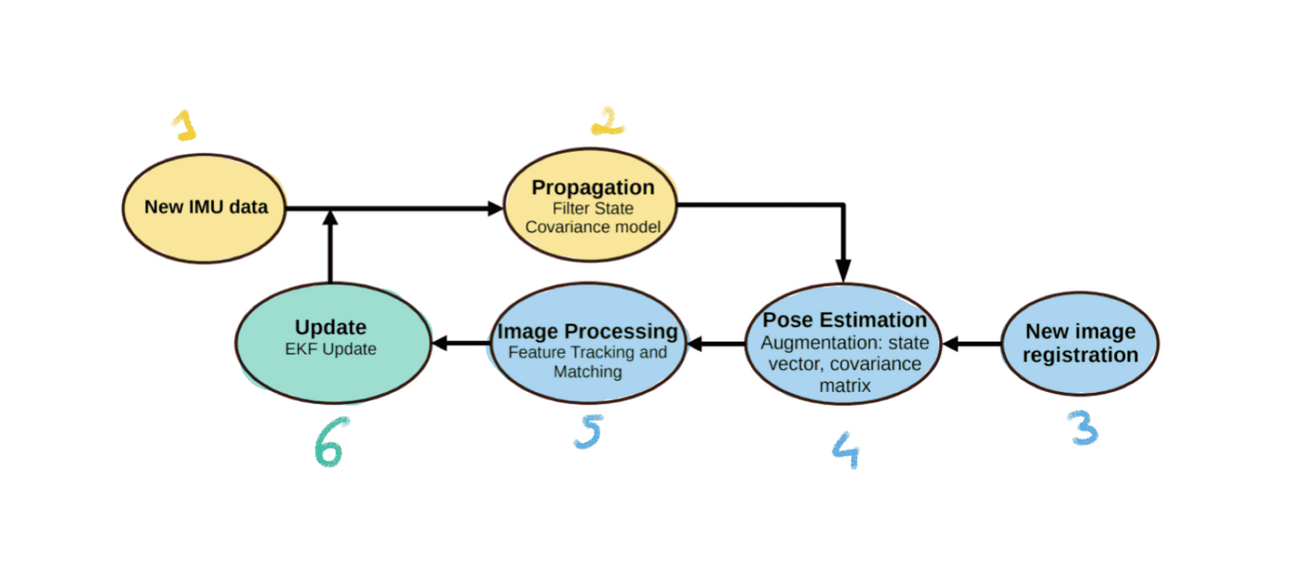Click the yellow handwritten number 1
pos(185,125)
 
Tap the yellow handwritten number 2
pos(608,122)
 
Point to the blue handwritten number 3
pos(1083,428)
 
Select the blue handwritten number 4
pos(845,449)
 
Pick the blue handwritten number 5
pos(589,432)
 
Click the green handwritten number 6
pos(330,443)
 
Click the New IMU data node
pos(205,208)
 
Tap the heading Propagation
pos(592,187)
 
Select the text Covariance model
pos(592,227)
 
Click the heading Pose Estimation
pos(844,320)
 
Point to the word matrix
pos(844,386)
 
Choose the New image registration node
pos(1080,343)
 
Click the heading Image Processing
pos(588,331)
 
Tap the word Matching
pos(588,372)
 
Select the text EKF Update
pos(331,349)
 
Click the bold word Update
pos(331,327)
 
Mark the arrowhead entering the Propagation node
pos(495,209)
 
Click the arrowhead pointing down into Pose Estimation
pos(843,271)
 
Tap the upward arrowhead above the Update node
pos(330,217)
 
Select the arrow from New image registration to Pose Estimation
pos(971,344)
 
